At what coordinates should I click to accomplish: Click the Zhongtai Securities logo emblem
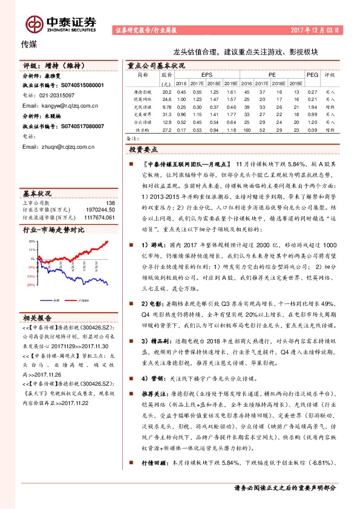(34, 23)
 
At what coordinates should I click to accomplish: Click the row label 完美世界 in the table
(142, 113)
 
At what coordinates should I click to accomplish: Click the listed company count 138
(110, 203)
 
